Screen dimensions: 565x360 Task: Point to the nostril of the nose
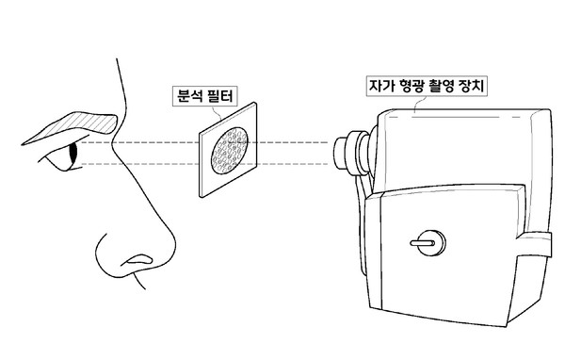tap(141, 257)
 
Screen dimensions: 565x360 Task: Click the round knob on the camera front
tap(425, 242)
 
